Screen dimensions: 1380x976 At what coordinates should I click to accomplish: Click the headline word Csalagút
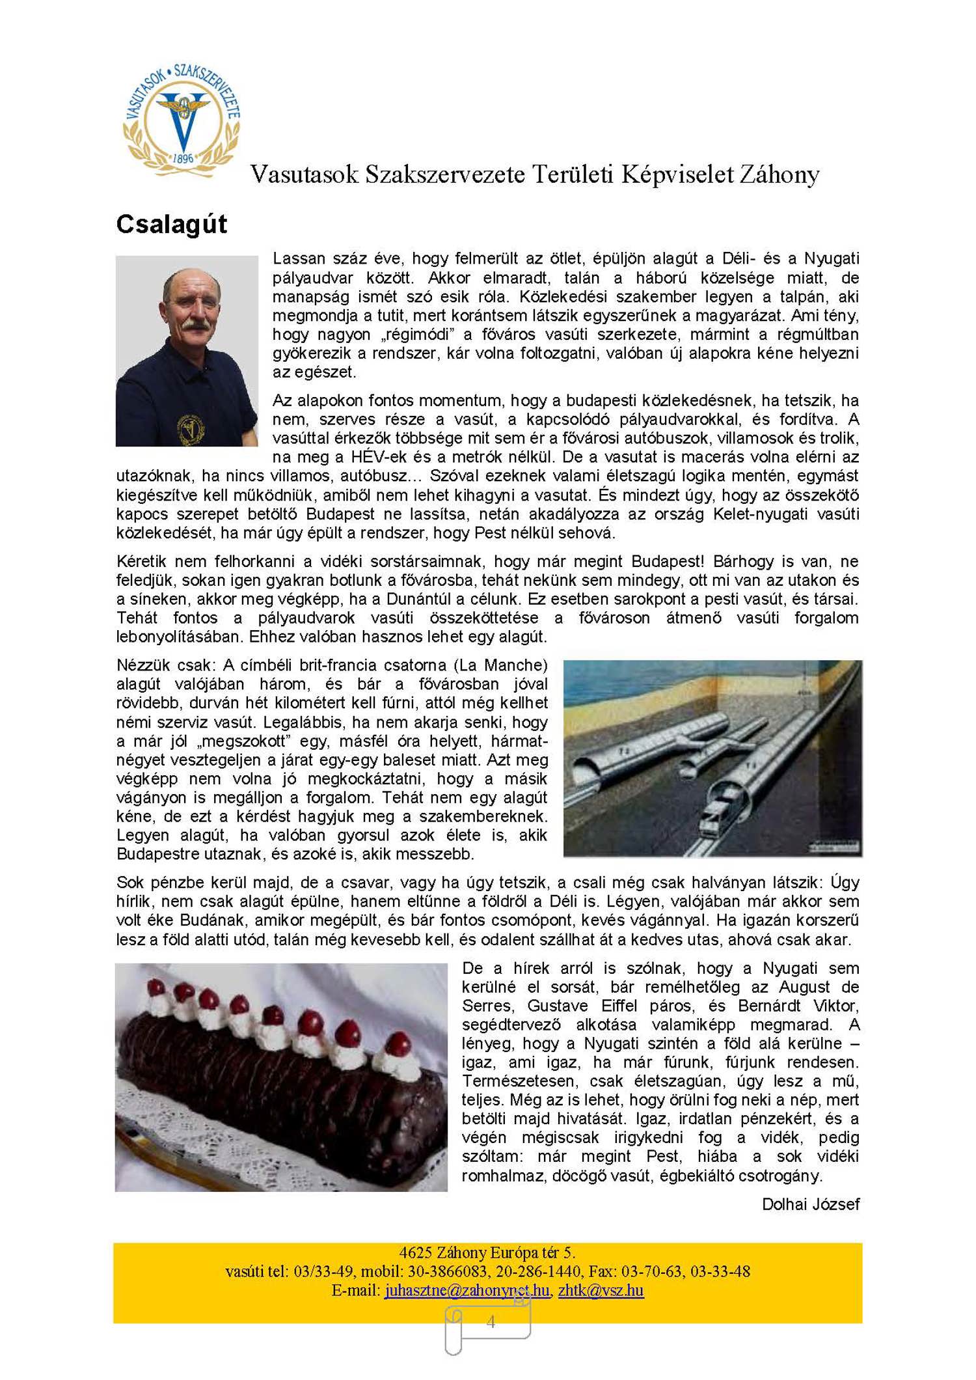click(x=171, y=225)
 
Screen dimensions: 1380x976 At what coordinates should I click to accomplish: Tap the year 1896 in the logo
click(x=183, y=158)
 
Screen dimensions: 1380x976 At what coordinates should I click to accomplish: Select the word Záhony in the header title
click(x=778, y=174)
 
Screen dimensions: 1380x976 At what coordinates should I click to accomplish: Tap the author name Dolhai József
click(x=810, y=1204)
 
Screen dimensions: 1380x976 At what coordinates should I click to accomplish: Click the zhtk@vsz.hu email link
click(x=601, y=1290)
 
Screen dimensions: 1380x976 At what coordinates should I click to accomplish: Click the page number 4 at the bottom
click(x=491, y=1321)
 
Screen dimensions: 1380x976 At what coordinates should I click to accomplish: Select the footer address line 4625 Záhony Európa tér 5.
click(x=487, y=1252)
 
